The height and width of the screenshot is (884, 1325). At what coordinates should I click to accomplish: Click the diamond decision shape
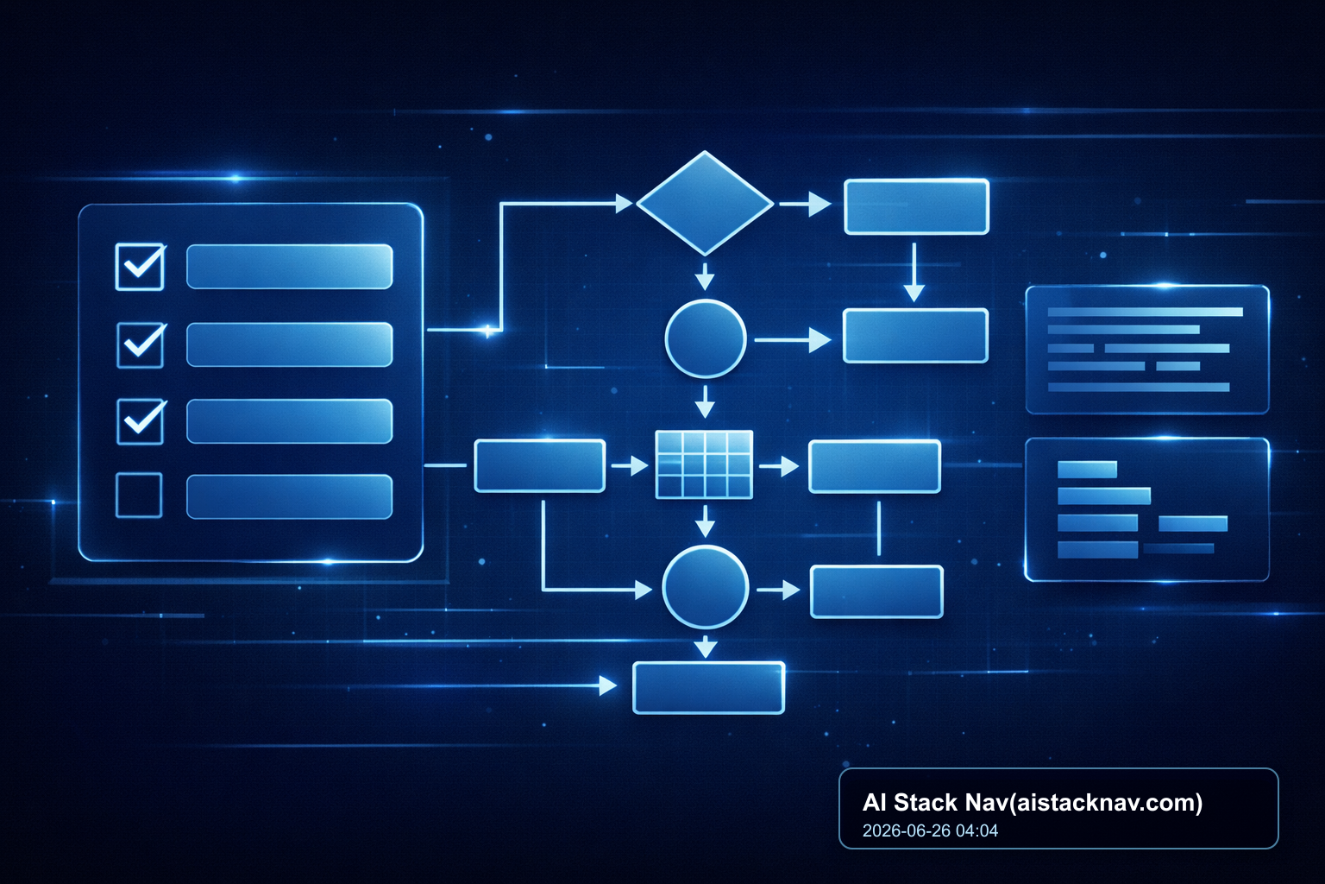(x=705, y=203)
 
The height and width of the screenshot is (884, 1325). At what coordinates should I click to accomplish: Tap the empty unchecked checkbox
(x=139, y=495)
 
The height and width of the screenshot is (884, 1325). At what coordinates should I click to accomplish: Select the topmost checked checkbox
(x=141, y=267)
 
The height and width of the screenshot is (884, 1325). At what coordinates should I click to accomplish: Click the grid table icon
(x=704, y=464)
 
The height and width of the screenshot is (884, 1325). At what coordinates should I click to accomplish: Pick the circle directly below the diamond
(x=705, y=338)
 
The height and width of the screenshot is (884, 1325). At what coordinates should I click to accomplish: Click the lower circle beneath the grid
(x=705, y=587)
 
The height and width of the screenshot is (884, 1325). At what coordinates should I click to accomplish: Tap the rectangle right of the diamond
(x=916, y=206)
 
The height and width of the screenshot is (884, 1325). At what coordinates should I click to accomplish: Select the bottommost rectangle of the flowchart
(x=708, y=687)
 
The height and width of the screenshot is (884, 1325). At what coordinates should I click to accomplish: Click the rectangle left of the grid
(x=539, y=465)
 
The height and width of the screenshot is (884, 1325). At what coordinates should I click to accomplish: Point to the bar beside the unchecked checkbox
(x=289, y=496)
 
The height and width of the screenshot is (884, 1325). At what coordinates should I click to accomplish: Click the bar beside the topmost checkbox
(x=289, y=267)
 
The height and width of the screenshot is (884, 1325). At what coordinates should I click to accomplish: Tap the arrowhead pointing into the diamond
(x=625, y=204)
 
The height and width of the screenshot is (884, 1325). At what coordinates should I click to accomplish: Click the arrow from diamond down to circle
(x=705, y=276)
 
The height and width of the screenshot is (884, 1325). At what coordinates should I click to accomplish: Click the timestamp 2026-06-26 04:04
(x=930, y=830)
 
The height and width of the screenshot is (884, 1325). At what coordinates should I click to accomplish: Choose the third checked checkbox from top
(x=141, y=421)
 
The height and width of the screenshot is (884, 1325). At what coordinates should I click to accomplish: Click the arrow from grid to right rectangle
(x=778, y=466)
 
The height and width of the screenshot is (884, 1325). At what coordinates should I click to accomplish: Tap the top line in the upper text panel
(x=1146, y=312)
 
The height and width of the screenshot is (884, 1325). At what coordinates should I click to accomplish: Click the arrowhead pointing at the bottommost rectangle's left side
(x=608, y=685)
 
